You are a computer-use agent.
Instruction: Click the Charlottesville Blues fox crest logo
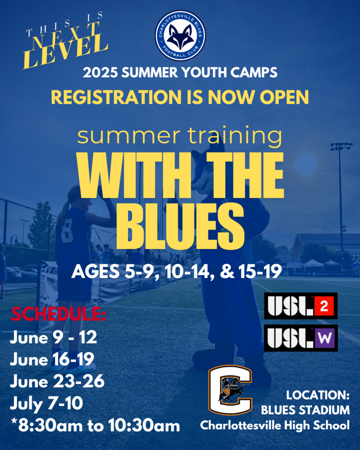(x=180, y=36)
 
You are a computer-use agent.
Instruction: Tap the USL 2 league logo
(x=301, y=306)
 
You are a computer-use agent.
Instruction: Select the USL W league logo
(x=301, y=338)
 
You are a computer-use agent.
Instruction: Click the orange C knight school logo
(x=230, y=390)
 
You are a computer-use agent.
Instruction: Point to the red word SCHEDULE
(x=59, y=314)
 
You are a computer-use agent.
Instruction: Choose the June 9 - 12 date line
(x=53, y=337)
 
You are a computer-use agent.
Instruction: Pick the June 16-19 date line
(x=52, y=359)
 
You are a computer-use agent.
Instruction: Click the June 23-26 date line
(x=57, y=381)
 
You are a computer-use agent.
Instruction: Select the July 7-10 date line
(x=47, y=403)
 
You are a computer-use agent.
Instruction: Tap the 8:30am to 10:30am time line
(x=96, y=425)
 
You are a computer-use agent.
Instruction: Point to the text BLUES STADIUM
(x=305, y=410)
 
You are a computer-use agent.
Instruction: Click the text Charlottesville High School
(x=275, y=425)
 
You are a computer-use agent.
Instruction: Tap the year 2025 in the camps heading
(x=100, y=72)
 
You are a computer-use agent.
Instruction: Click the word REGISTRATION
(x=116, y=97)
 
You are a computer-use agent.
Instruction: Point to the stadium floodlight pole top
(x=342, y=146)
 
